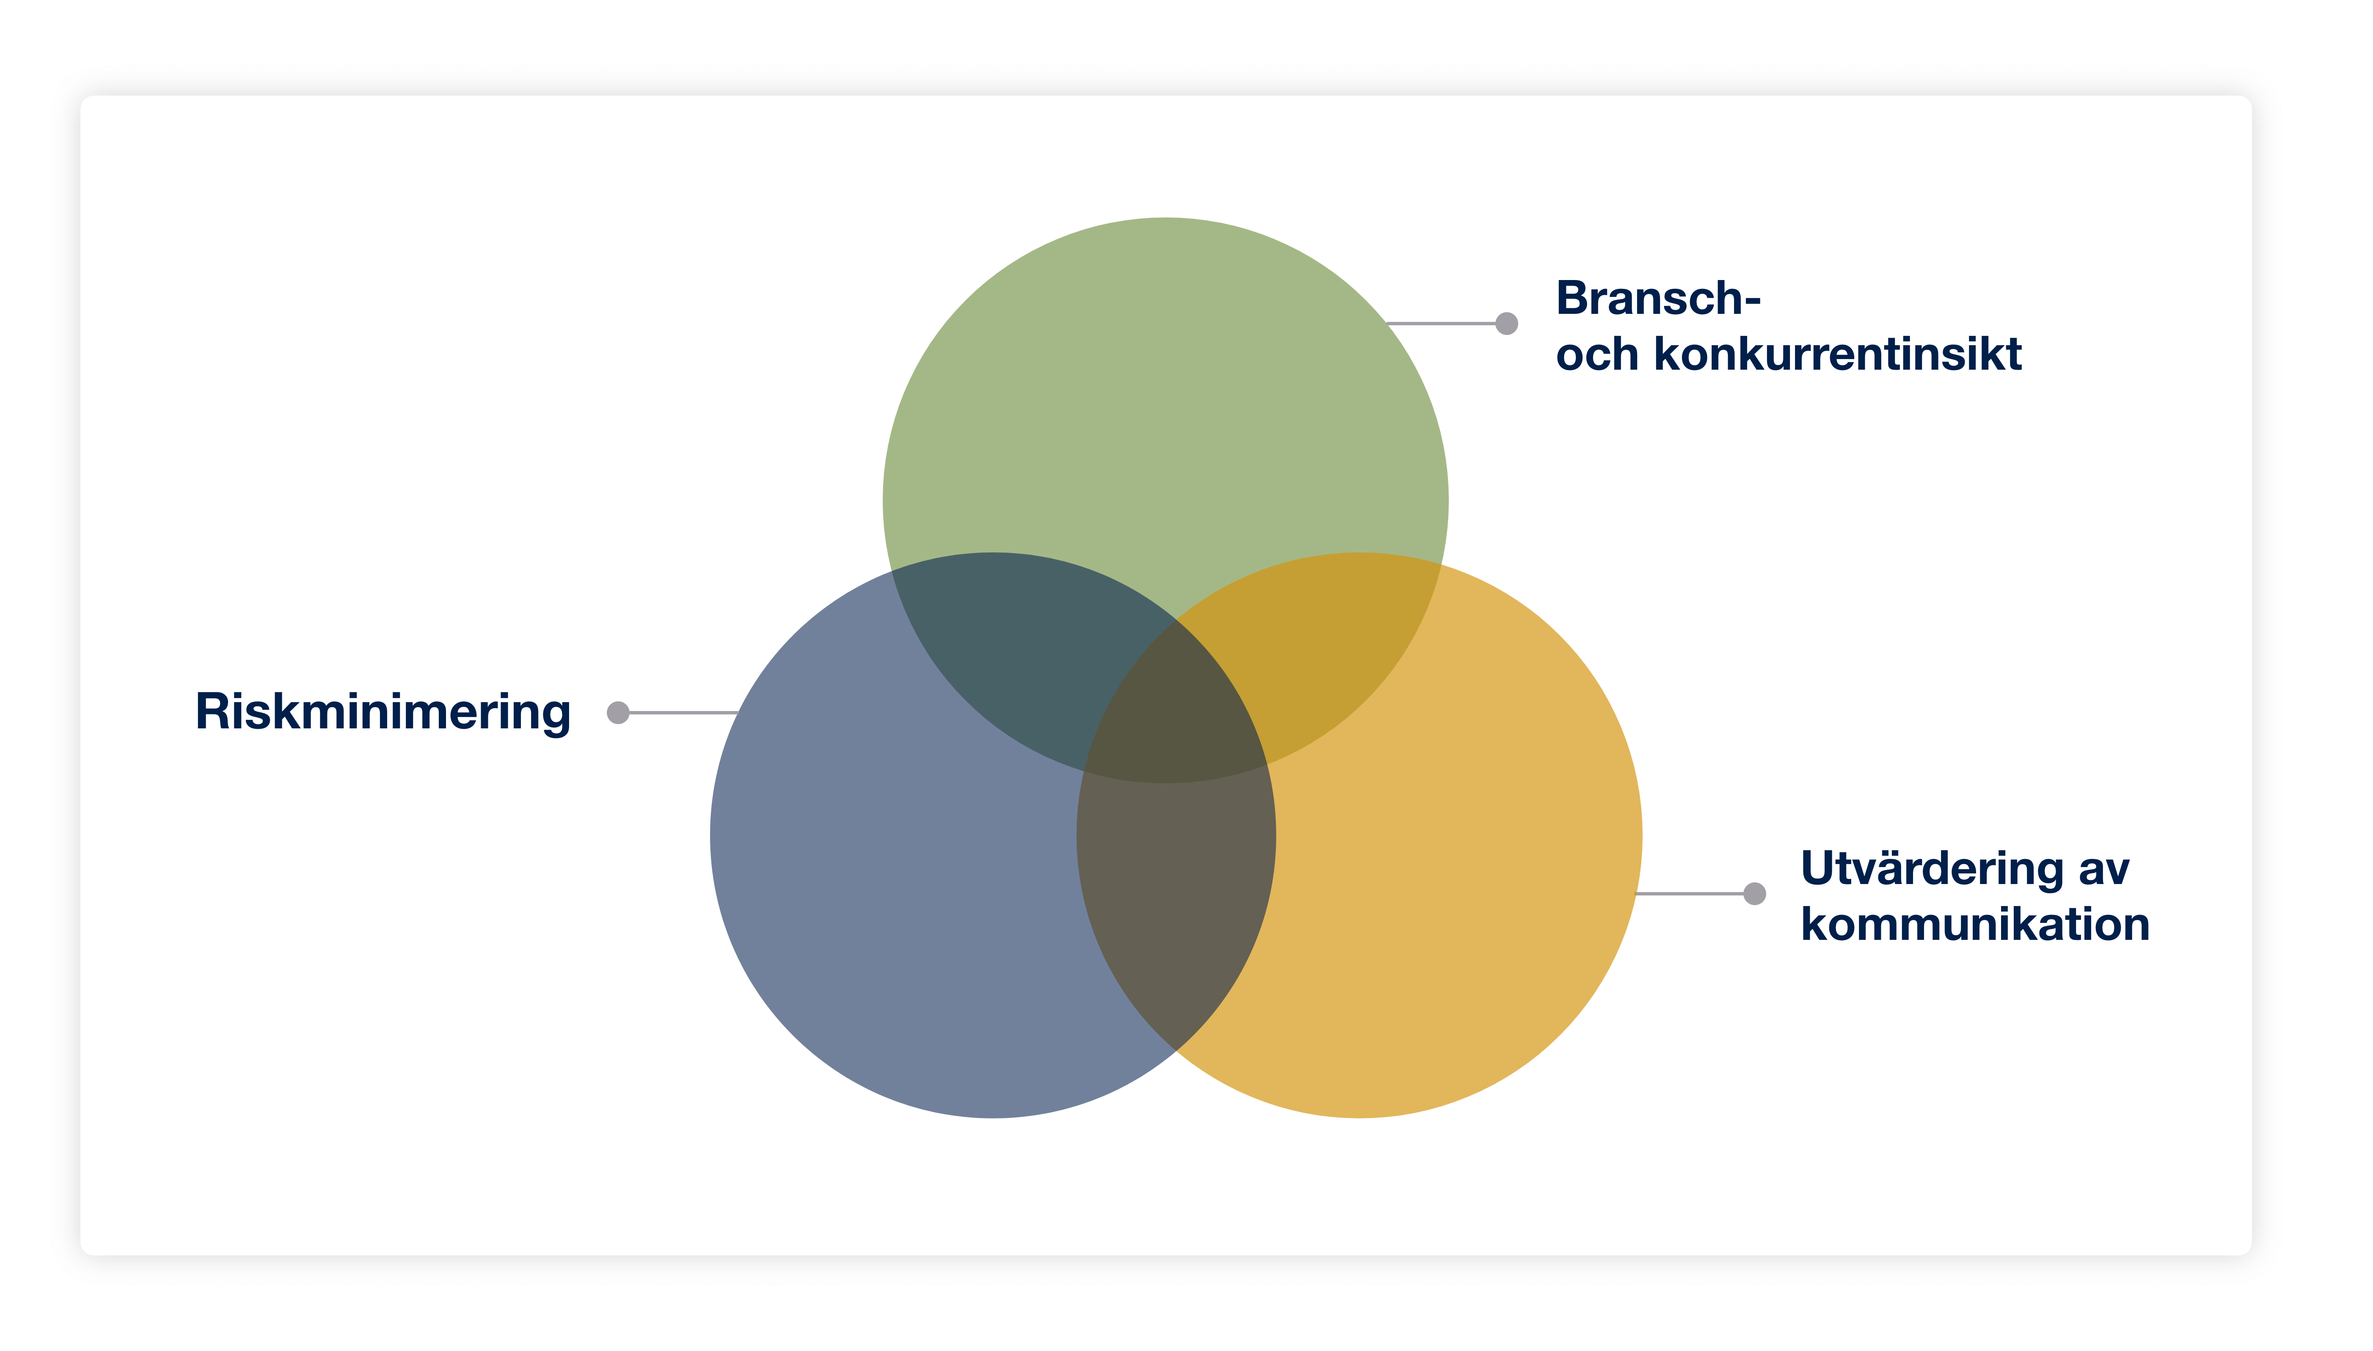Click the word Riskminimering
[x=383, y=713]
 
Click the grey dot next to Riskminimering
[x=618, y=713]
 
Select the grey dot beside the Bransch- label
[x=1506, y=323]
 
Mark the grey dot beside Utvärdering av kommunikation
[x=1754, y=894]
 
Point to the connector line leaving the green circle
[x=1440, y=323]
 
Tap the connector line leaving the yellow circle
[x=1689, y=894]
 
